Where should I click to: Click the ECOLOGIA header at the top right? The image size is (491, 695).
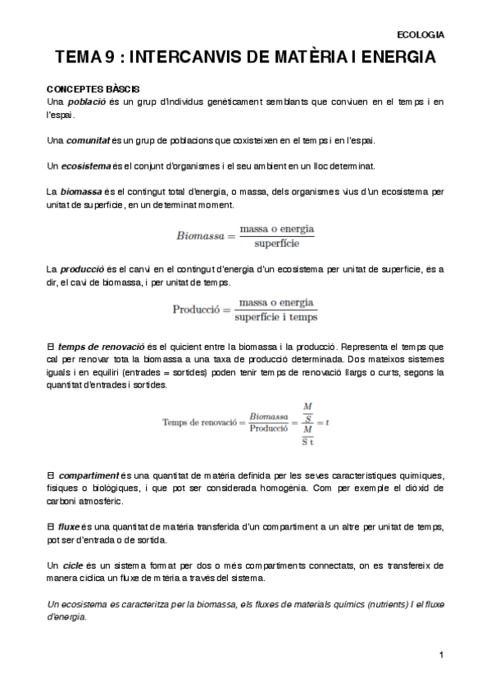tap(420, 35)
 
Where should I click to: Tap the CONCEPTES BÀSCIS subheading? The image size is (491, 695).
tap(93, 89)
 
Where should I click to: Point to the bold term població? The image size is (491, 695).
tap(85, 101)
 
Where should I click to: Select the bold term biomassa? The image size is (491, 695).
tap(80, 192)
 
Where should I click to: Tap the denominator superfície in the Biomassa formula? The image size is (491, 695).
tap(276, 243)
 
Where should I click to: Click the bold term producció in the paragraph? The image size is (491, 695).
tap(83, 269)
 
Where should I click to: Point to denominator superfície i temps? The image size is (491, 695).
tap(276, 317)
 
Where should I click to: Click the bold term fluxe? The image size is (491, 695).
tap(69, 525)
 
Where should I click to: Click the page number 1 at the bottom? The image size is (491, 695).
tap(441, 655)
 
